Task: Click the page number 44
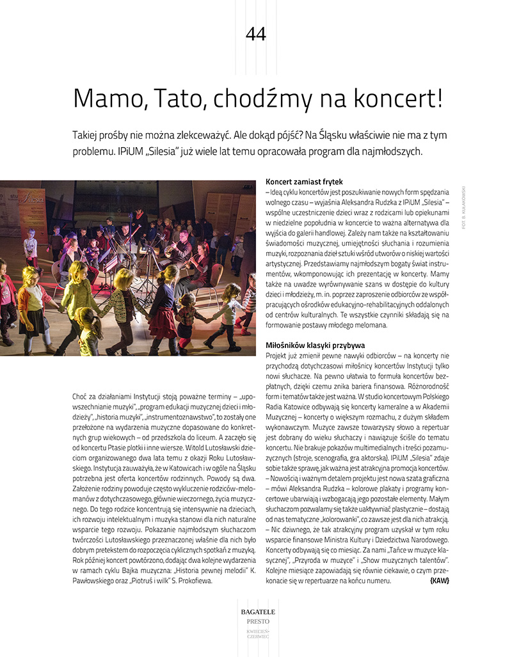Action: coord(256,34)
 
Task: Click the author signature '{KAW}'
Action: coord(440,581)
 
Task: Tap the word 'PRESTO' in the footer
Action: coord(256,621)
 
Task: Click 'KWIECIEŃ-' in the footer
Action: coord(256,631)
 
